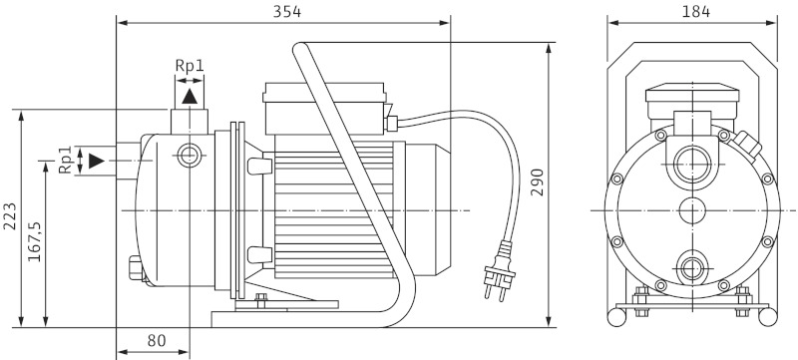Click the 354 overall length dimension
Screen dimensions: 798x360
click(287, 12)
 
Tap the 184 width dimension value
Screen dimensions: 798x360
click(695, 12)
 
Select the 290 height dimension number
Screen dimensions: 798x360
click(538, 182)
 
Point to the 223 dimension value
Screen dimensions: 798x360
click(10, 216)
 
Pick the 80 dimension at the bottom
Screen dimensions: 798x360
click(157, 341)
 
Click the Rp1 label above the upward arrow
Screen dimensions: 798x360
click(190, 66)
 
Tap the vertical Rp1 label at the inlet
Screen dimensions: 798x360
click(65, 161)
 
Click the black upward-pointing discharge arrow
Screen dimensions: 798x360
click(190, 97)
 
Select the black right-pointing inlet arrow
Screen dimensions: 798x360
click(96, 161)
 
